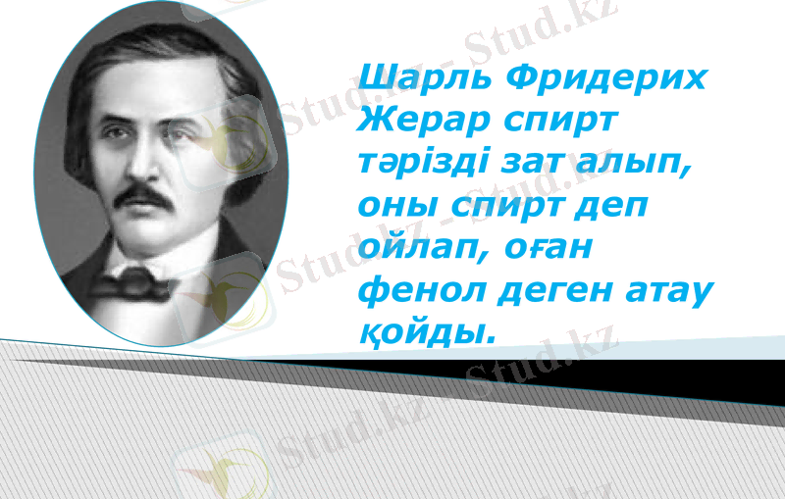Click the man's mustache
[x=147, y=194]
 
